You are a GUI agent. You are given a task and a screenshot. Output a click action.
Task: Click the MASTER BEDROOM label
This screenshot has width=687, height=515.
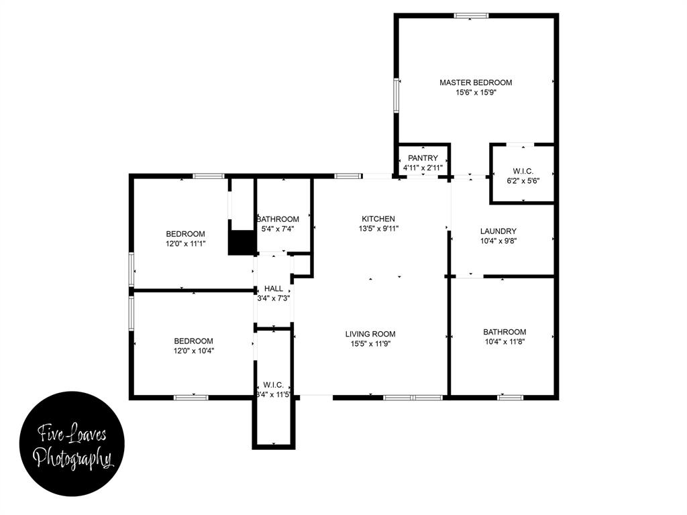pos(476,82)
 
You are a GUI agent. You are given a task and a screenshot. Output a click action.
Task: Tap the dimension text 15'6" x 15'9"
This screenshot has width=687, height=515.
pos(476,93)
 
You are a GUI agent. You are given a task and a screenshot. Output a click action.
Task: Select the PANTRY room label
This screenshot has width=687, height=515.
pos(423,158)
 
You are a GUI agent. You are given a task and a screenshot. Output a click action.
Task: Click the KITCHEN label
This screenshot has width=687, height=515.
pos(378,219)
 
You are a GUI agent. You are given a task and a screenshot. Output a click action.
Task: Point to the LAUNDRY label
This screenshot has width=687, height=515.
pos(498,231)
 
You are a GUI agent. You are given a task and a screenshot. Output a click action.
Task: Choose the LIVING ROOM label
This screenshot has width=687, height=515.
pos(370,334)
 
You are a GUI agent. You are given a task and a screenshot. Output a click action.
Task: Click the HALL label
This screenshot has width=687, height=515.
pos(274,288)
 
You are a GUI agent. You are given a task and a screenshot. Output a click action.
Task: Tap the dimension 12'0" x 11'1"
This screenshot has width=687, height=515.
pos(185,244)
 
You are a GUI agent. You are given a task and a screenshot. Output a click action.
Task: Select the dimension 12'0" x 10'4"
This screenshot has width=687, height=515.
pos(194,350)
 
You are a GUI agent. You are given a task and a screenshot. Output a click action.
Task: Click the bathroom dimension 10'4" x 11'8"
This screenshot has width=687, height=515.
pos(505,342)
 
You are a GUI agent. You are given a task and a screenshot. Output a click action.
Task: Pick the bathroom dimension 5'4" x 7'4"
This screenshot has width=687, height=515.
pos(277,229)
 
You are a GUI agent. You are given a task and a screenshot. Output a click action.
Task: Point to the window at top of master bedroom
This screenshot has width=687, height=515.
pos(471,16)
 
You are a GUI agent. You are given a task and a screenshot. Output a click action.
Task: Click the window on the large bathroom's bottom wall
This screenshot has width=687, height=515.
pos(510,397)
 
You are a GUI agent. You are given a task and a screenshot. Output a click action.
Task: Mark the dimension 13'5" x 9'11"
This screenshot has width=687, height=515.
pos(378,229)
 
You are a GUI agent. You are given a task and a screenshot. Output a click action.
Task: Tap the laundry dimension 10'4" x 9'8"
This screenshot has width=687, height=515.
pos(498,241)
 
